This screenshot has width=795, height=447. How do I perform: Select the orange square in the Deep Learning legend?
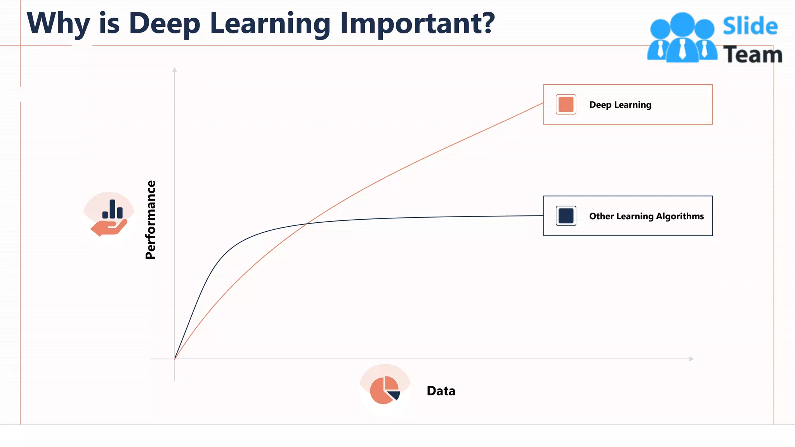566,104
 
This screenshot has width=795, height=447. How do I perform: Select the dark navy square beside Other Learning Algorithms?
566,216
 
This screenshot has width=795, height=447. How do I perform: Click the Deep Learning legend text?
620,105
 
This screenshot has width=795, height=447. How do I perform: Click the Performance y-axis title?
151,220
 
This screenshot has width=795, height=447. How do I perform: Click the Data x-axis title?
441,391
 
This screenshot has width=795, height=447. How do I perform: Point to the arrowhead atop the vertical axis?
175,70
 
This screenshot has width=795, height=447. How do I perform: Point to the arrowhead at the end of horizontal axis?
691,359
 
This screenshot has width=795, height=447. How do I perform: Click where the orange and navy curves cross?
307,223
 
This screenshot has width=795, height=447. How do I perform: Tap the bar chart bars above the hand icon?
112,210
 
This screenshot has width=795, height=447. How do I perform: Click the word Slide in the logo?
750,26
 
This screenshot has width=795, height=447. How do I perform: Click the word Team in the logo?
752,55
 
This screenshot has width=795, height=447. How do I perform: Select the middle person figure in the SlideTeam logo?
682,39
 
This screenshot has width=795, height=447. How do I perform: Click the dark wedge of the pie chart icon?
395,395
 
